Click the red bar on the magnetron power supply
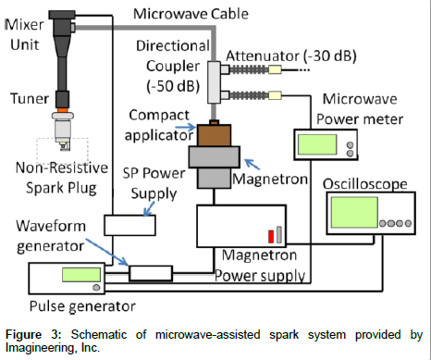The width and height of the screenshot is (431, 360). tap(271, 237)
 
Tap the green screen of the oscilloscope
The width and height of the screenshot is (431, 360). tap(354, 213)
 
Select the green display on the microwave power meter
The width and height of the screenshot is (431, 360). tap(317, 144)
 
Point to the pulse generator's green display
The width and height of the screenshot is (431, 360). tap(81, 275)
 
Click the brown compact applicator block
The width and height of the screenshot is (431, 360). tap(214, 135)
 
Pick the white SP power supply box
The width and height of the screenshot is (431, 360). tap(129, 225)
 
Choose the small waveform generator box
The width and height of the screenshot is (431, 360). tap(151, 273)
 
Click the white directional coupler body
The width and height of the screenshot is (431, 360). tap(214, 82)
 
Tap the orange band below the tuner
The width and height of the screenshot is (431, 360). tap(62, 110)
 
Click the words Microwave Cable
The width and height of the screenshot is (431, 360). tap(191, 14)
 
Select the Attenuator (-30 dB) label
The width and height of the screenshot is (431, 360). tap(291, 56)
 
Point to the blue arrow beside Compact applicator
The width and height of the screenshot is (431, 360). tap(186, 127)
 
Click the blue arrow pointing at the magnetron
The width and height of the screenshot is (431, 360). tap(252, 164)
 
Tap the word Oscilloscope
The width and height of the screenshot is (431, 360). tap(365, 184)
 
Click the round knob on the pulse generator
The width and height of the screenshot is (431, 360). tap(96, 288)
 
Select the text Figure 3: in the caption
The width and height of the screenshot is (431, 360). tap(33, 335)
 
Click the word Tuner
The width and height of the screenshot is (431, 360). tap(30, 99)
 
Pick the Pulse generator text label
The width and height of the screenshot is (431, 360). tap(82, 306)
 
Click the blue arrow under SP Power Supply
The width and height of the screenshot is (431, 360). tap(150, 209)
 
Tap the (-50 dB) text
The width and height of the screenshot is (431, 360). tap(173, 86)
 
